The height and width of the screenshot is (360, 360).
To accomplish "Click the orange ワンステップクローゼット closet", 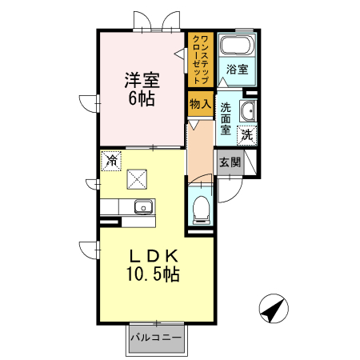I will (200, 59).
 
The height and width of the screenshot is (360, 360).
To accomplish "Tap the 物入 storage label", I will (200, 103).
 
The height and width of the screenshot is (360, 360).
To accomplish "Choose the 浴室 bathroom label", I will (236, 70).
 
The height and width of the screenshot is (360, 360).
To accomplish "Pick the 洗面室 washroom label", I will (226, 118).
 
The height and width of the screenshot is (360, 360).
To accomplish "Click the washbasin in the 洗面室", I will (246, 110).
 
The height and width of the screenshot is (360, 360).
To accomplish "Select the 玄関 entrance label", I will (230, 161).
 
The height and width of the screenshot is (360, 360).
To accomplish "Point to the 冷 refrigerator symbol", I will (112, 160).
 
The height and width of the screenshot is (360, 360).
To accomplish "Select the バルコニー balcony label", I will (155, 338).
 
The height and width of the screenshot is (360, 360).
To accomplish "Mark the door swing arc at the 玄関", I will (224, 190).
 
